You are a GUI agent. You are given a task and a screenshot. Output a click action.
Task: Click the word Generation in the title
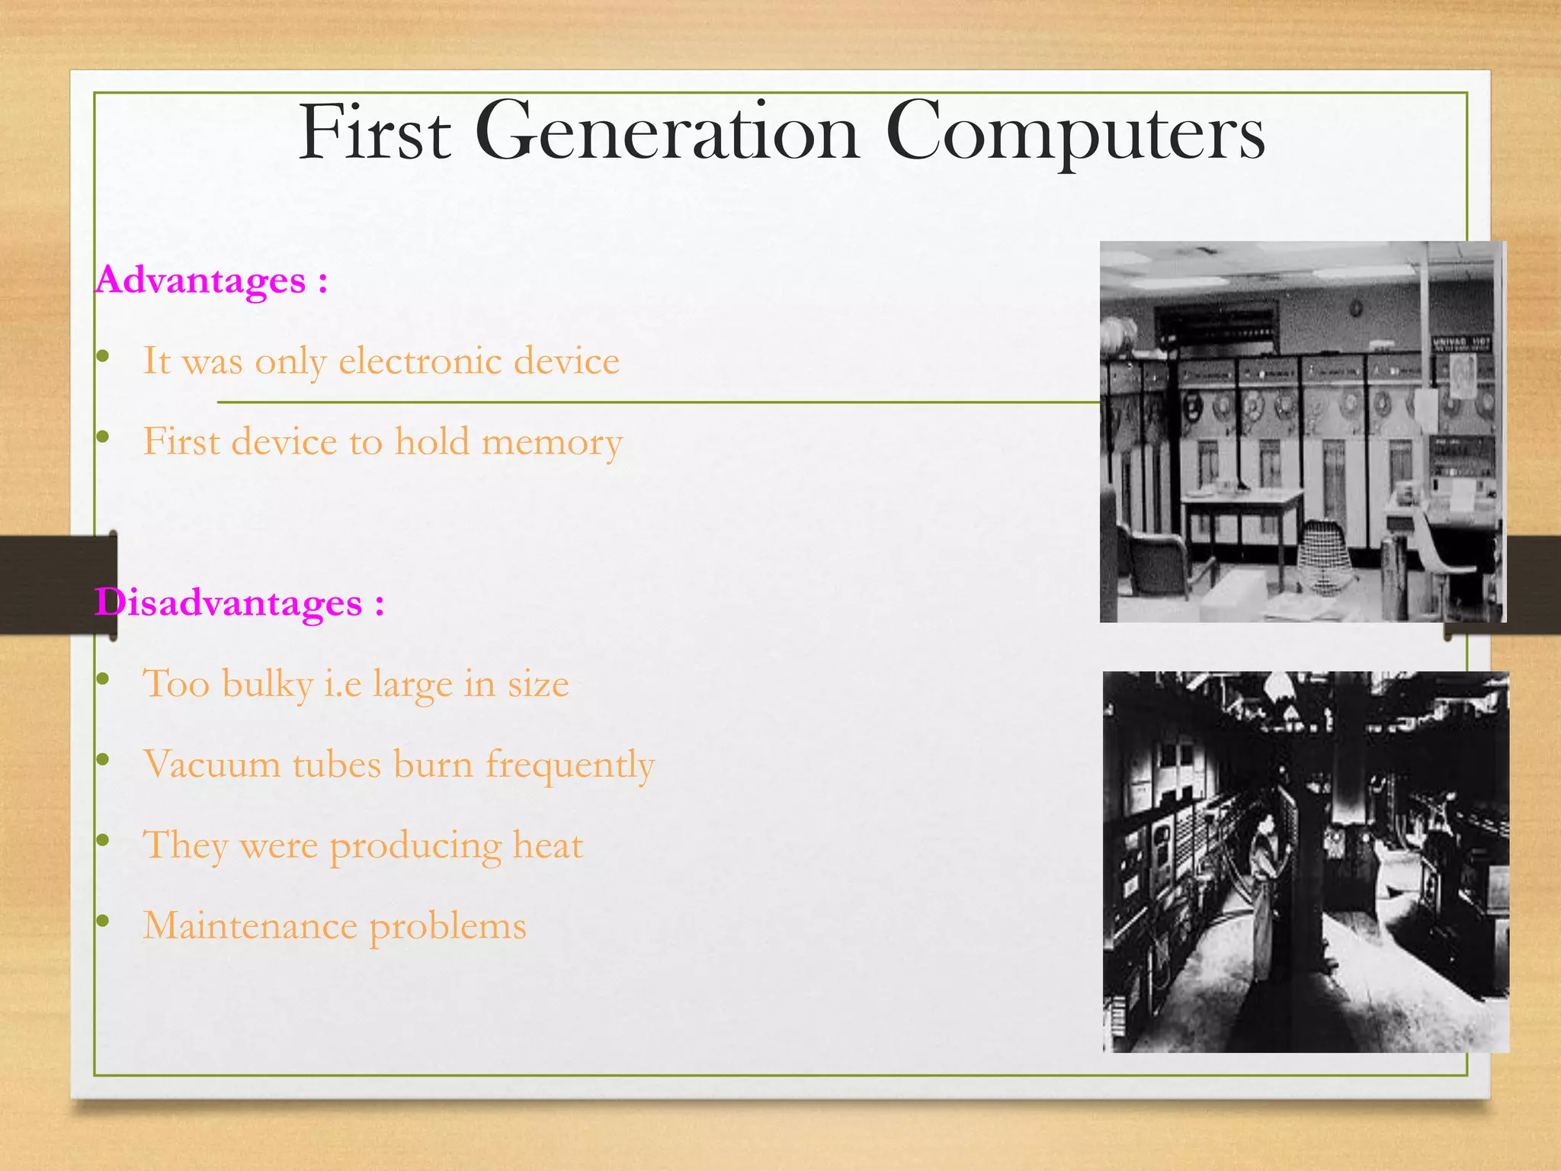[x=667, y=133]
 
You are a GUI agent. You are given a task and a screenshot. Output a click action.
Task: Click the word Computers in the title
[x=1075, y=133]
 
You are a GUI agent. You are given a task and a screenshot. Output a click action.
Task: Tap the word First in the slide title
[x=374, y=133]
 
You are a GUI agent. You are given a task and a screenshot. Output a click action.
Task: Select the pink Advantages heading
[x=202, y=281]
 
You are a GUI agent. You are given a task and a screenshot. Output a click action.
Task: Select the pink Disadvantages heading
[x=229, y=603]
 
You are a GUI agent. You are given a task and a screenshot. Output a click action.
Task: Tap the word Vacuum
[x=212, y=764]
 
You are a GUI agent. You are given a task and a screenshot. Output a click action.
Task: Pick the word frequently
[x=570, y=765]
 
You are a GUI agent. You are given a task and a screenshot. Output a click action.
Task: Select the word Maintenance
[x=250, y=926]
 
